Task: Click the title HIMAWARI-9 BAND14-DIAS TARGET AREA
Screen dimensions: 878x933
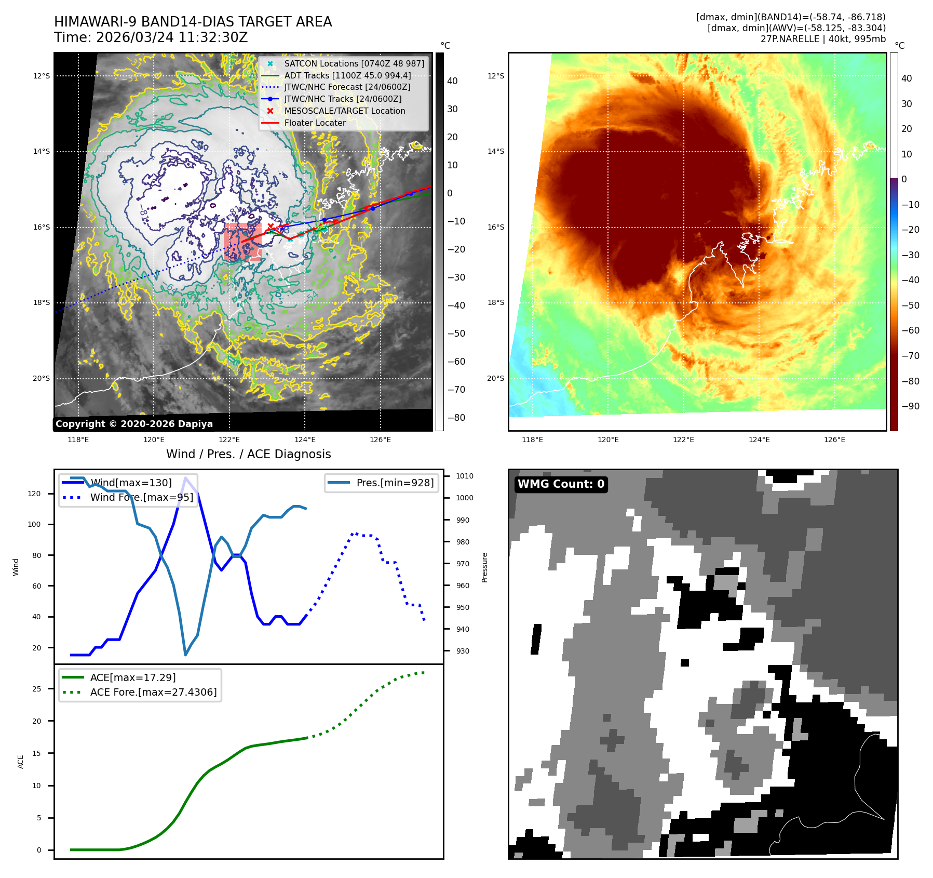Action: pyautogui.click(x=193, y=22)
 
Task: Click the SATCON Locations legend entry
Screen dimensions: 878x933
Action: pyautogui.click(x=354, y=63)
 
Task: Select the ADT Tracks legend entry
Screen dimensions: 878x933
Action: pyautogui.click(x=347, y=75)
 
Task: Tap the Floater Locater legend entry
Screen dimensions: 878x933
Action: pyautogui.click(x=315, y=123)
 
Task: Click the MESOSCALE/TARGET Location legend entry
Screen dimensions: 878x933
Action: pyautogui.click(x=344, y=111)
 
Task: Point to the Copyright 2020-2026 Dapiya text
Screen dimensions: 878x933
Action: pyautogui.click(x=134, y=424)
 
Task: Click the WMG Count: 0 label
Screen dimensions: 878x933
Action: pyautogui.click(x=561, y=484)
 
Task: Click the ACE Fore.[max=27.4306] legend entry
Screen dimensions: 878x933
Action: pyautogui.click(x=153, y=692)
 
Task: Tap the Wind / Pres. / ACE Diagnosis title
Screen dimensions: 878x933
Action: pyautogui.click(x=248, y=454)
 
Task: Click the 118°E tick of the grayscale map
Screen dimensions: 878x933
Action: pyautogui.click(x=78, y=440)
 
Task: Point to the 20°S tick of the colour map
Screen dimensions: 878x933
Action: pyautogui.click(x=495, y=378)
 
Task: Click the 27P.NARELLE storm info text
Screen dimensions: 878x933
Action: pyautogui.click(x=823, y=39)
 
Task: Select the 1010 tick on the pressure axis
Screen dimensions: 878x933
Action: pyautogui.click(x=464, y=476)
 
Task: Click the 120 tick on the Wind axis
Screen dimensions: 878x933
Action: pyautogui.click(x=34, y=494)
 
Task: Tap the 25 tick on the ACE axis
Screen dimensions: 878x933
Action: pyautogui.click(x=36, y=689)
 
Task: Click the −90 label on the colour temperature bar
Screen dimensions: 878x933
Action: pyautogui.click(x=910, y=406)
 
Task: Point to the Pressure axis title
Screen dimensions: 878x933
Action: pyautogui.click(x=484, y=567)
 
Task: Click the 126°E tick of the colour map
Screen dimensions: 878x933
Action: pyautogui.click(x=834, y=440)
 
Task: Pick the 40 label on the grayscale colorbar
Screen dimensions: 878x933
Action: pyautogui.click(x=452, y=81)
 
